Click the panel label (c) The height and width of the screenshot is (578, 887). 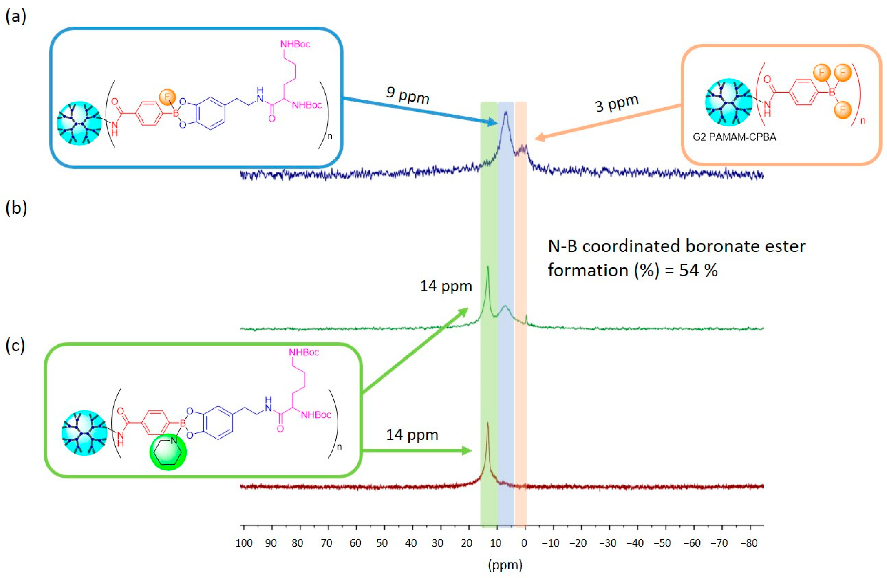point(15,346)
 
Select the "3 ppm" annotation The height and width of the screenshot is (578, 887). point(617,103)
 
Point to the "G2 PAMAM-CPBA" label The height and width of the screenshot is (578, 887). point(734,137)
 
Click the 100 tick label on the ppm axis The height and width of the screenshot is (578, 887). point(244,543)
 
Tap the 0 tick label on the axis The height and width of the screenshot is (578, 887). point(524,543)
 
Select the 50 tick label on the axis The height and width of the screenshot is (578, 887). point(382,543)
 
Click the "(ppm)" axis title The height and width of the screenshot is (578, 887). point(505,565)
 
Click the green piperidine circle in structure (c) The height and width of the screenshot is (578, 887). point(168,452)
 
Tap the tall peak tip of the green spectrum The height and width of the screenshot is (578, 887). point(487,267)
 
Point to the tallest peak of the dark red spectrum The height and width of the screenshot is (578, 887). point(487,423)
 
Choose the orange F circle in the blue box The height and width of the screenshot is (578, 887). point(167,97)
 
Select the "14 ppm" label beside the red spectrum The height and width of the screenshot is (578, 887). point(412,435)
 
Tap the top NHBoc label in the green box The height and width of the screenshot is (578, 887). point(304,352)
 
